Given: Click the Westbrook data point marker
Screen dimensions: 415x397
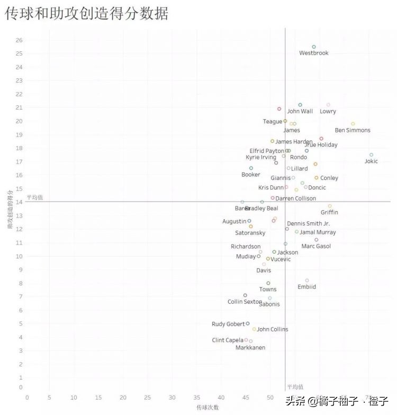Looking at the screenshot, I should pyautogui.click(x=314, y=47).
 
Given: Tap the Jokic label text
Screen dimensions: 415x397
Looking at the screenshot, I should pyautogui.click(x=371, y=161).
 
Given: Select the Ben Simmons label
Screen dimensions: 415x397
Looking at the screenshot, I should pyautogui.click(x=353, y=130).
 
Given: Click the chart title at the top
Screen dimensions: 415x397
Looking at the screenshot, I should pyautogui.click(x=87, y=14).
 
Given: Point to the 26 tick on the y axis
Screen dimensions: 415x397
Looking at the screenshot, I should pyautogui.click(x=19, y=40).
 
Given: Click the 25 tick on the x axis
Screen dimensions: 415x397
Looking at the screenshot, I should pyautogui.click(x=148, y=398).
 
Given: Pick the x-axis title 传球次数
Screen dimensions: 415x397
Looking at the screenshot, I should pyautogui.click(x=207, y=408).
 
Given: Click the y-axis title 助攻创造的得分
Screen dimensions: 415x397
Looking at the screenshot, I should pyautogui.click(x=10, y=210).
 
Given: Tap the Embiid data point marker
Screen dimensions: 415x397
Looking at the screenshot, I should pyautogui.click(x=307, y=281).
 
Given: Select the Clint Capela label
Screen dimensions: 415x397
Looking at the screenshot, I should pyautogui.click(x=228, y=340).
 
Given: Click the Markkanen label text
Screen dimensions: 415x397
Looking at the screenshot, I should pyautogui.click(x=250, y=348).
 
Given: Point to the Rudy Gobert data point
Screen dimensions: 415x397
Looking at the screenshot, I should pyautogui.click(x=248, y=323).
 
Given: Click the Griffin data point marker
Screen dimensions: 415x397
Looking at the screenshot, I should pyautogui.click(x=330, y=206).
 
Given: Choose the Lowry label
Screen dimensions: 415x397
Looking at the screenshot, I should pyautogui.click(x=328, y=112).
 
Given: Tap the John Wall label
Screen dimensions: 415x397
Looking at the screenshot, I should pyautogui.click(x=300, y=112).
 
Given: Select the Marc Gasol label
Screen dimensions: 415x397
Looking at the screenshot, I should pyautogui.click(x=316, y=246).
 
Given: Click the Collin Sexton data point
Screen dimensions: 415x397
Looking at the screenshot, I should pyautogui.click(x=245, y=295).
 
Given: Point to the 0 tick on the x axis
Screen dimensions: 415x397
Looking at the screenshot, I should pyautogui.click(x=27, y=398).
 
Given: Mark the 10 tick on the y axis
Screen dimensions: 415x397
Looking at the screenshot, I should pyautogui.click(x=19, y=256).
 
